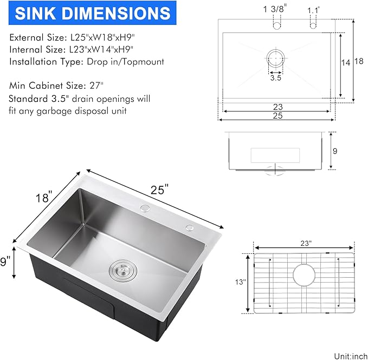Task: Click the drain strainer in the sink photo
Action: click(122, 269)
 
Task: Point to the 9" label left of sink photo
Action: click(6, 262)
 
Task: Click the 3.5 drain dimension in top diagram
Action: click(275, 78)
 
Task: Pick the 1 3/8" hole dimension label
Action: click(275, 9)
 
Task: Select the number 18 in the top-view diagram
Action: click(358, 61)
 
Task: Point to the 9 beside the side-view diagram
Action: click(334, 151)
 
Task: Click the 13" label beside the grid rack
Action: click(241, 282)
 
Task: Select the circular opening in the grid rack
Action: click(304, 274)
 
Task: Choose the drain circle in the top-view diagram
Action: click(275, 58)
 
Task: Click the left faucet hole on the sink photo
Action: click(145, 208)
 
